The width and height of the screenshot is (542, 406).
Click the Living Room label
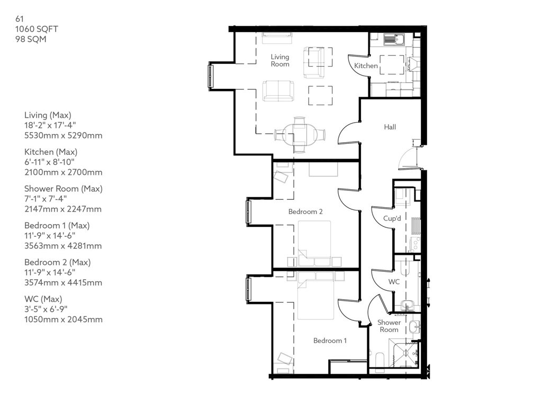279,60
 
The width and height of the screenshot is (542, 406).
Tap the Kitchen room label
366,66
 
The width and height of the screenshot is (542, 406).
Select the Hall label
390,127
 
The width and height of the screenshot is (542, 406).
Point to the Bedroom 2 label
305,211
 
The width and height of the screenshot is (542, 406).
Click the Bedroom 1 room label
330,340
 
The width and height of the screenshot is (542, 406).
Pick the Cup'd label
392,218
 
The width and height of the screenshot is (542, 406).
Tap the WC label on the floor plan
394,282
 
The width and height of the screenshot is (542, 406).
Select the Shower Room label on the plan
389,326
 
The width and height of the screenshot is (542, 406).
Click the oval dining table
300,134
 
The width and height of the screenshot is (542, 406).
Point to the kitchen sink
394,39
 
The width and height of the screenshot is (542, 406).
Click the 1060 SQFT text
37,29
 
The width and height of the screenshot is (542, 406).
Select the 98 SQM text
30,39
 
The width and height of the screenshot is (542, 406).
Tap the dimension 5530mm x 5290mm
64,135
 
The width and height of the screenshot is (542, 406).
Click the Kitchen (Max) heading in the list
51,152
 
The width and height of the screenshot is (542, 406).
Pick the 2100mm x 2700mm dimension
64,172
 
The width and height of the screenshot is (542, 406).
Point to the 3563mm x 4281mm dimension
63,246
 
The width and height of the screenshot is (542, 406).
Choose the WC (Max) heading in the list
43,299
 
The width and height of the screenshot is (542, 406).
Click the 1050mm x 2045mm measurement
64,319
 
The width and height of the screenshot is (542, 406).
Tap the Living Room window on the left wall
211,76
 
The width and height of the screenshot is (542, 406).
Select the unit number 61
20,19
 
